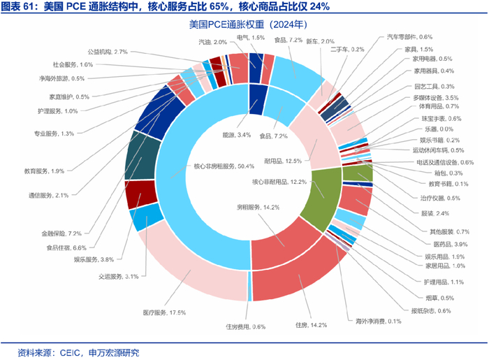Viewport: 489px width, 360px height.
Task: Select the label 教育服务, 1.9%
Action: pyautogui.click(x=44, y=171)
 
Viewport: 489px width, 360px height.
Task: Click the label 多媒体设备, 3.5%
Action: pyautogui.click(x=435, y=97)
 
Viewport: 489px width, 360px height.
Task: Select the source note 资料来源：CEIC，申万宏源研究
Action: pyautogui.click(x=79, y=351)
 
